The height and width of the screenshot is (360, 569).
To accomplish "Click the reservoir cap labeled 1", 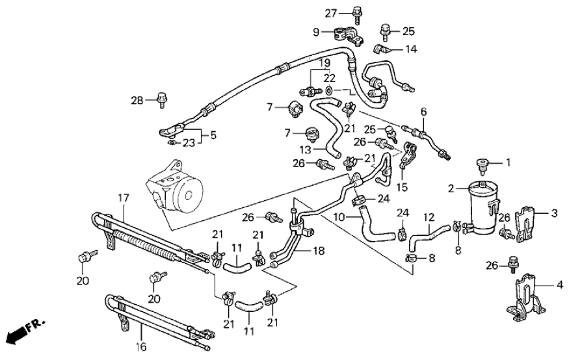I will click(x=483, y=164).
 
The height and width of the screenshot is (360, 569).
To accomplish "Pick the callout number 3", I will click(x=554, y=213).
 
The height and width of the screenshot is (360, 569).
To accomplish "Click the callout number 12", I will click(x=429, y=218).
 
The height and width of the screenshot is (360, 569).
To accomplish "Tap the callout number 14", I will click(x=411, y=49).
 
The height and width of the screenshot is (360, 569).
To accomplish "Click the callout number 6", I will click(x=423, y=112).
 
